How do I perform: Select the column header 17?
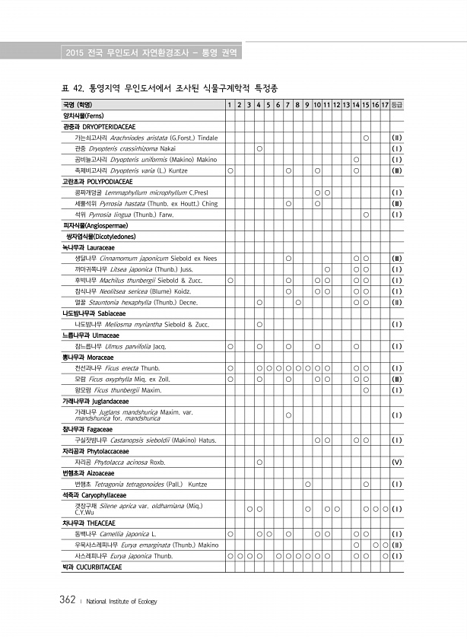pyautogui.click(x=386, y=104)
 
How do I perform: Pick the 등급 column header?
pyautogui.click(x=397, y=104)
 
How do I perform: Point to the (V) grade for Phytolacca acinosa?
pyautogui.click(x=397, y=462)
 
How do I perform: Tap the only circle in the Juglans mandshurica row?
pyautogui.click(x=289, y=415)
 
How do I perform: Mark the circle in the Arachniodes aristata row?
pyautogui.click(x=367, y=138)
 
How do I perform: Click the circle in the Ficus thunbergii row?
pyautogui.click(x=367, y=390)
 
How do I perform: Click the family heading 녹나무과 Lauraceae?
pyautogui.click(x=91, y=248)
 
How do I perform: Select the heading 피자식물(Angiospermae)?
pyautogui.click(x=89, y=226)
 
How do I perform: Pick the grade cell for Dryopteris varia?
pyautogui.click(x=397, y=170)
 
